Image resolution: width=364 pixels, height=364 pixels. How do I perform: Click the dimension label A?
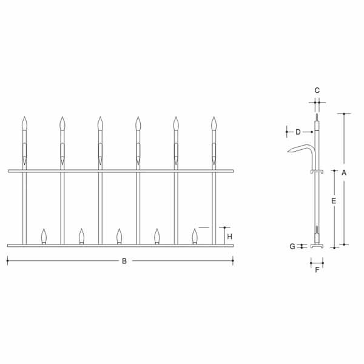tap(344, 173)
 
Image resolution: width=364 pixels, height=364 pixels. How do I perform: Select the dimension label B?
tap(124, 261)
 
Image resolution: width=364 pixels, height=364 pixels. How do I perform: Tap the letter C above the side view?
tap(317, 90)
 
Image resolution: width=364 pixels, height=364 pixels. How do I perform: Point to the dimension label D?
tap(298, 132)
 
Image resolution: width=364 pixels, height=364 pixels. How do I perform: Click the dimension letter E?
tap(334, 201)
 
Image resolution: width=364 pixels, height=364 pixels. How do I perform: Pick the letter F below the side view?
tap(317, 270)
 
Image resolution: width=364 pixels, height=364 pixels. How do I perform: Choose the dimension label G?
tap(292, 246)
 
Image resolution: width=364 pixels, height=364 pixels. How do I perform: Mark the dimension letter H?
tap(229, 237)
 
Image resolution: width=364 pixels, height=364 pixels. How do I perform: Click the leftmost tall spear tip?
tap(25, 117)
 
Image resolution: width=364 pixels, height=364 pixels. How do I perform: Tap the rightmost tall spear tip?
tap(214, 117)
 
